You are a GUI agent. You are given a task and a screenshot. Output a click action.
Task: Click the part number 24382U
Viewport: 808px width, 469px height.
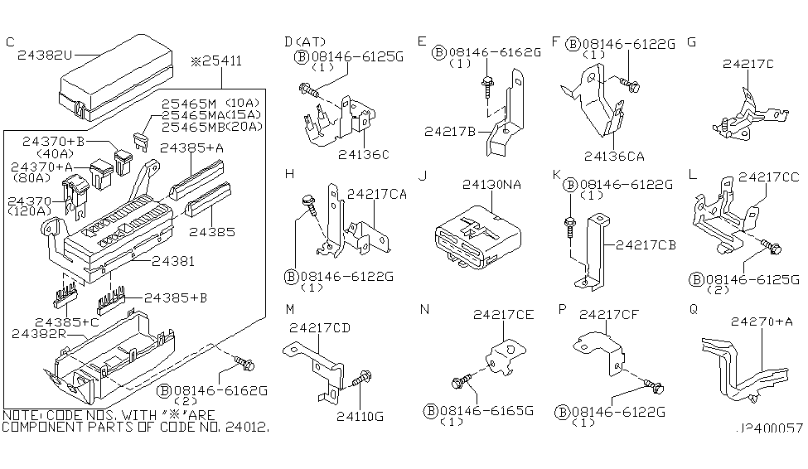click(45, 55)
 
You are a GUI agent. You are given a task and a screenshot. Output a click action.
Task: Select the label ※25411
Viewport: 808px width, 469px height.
click(216, 60)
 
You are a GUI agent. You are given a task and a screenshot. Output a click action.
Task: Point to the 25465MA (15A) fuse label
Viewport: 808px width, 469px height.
click(211, 114)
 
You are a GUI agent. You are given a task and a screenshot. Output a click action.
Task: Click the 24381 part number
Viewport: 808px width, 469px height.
click(173, 261)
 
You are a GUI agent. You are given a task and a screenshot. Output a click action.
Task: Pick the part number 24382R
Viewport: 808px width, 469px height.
click(39, 333)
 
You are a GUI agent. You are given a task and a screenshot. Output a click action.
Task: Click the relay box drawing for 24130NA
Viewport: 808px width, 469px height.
click(477, 238)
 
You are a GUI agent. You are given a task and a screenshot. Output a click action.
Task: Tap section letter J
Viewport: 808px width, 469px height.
click(423, 176)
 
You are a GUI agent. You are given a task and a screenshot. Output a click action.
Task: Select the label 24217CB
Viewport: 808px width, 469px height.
click(646, 244)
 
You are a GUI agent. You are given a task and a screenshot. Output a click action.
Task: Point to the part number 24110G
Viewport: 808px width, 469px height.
click(360, 416)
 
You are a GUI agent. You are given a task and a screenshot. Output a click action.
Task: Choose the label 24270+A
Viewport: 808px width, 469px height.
click(762, 322)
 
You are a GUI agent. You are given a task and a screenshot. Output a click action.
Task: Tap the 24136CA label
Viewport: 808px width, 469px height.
click(614, 156)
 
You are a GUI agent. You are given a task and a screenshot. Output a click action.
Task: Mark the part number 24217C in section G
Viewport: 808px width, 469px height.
click(748, 64)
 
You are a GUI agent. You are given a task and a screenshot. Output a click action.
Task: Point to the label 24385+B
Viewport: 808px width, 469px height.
click(176, 297)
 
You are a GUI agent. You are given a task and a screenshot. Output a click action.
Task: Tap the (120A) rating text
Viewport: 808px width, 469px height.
click(30, 211)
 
